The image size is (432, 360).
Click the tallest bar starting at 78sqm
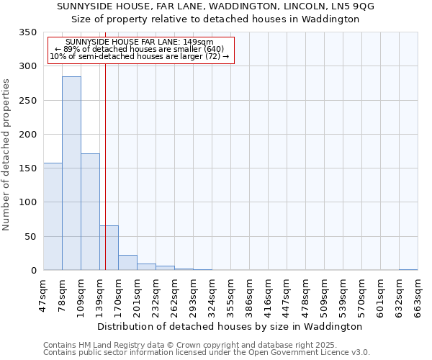(x=71, y=173)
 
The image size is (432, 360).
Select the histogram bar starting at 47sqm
(x=53, y=216)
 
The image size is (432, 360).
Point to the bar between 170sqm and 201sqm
(x=127, y=263)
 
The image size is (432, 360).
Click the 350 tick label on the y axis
(x=28, y=32)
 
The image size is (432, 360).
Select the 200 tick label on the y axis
(x=28, y=135)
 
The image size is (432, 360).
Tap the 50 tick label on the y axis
(x=31, y=237)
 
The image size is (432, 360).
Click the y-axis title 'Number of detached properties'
(x=6, y=155)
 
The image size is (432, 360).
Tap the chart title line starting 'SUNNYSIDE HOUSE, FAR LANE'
(x=215, y=6)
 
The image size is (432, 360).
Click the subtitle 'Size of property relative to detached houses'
(x=215, y=19)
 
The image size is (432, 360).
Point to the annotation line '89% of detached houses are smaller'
(x=140, y=49)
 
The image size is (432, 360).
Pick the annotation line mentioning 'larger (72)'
(x=140, y=56)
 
